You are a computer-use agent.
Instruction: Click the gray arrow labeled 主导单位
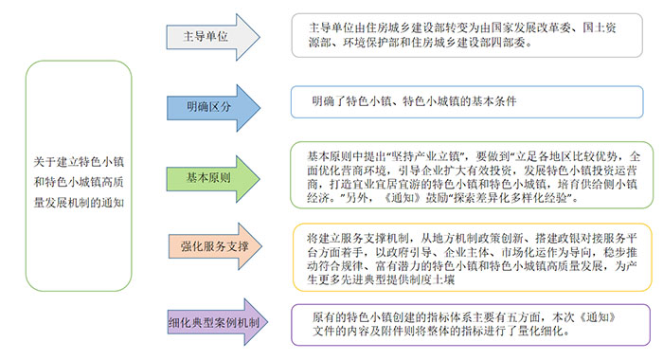211,38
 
